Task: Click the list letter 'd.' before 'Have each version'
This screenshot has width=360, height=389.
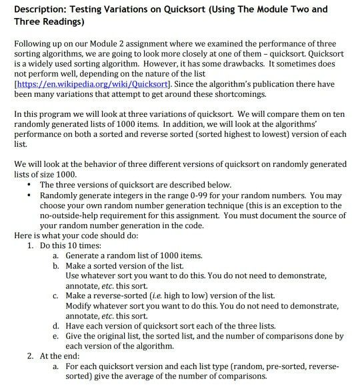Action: click(56, 326)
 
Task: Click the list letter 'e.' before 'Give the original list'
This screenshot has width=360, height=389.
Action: click(56, 336)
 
